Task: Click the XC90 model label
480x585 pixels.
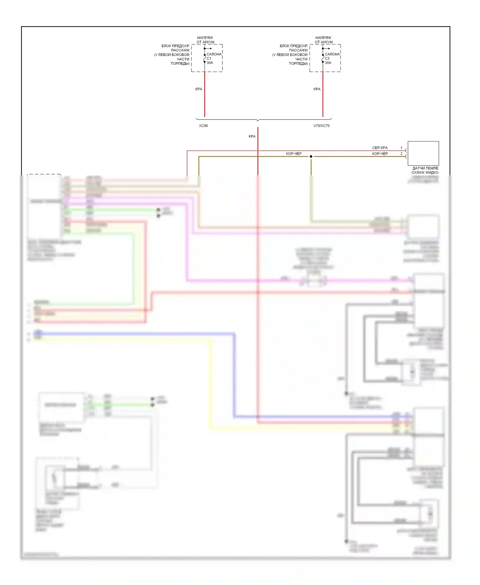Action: [x=203, y=126]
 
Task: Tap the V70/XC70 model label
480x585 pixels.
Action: [x=321, y=126]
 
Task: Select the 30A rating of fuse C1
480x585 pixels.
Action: [x=210, y=63]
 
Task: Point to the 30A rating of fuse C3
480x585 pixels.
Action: [x=328, y=63]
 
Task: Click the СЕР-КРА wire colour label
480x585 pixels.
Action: [x=380, y=148]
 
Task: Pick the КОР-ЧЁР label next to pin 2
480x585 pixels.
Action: [x=380, y=154]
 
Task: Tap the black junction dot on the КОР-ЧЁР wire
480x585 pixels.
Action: [x=311, y=156]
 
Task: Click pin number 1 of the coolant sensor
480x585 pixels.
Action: [x=401, y=148]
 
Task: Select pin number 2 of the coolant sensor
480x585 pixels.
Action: [x=401, y=154]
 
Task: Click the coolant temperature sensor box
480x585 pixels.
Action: [x=423, y=153]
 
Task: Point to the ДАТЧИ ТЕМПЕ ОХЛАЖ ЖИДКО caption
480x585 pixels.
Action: [x=425, y=170]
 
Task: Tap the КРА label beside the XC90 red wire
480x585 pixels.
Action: [x=199, y=89]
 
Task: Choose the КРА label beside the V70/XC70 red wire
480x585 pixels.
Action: [x=317, y=89]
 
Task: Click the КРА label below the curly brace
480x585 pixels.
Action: [x=252, y=137]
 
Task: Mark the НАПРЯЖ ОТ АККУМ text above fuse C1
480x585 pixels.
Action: [x=205, y=40]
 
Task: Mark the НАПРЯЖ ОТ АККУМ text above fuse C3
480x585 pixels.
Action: [x=324, y=40]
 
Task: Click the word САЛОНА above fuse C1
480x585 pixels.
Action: [x=214, y=54]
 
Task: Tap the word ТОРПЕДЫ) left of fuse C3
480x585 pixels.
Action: [x=298, y=64]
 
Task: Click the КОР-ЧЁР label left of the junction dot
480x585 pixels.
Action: [x=293, y=154]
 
